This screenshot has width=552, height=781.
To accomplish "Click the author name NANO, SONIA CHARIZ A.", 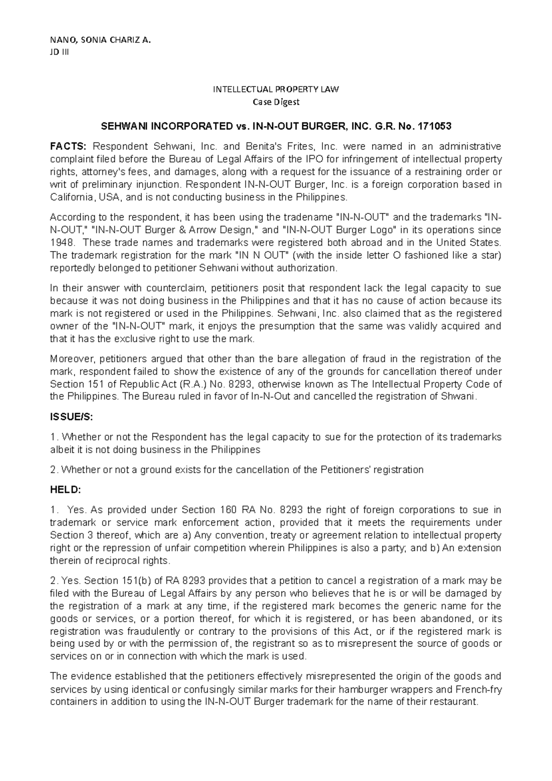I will (100, 40).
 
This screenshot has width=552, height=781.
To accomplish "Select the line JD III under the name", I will (58, 52).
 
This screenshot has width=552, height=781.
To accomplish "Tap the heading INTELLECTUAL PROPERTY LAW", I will (276, 89).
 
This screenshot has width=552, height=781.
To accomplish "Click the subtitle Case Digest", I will (276, 102).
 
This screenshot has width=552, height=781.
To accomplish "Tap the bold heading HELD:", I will (65, 490).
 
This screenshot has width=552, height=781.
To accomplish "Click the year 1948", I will (61, 242).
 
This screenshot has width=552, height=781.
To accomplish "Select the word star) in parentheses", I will (490, 255).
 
